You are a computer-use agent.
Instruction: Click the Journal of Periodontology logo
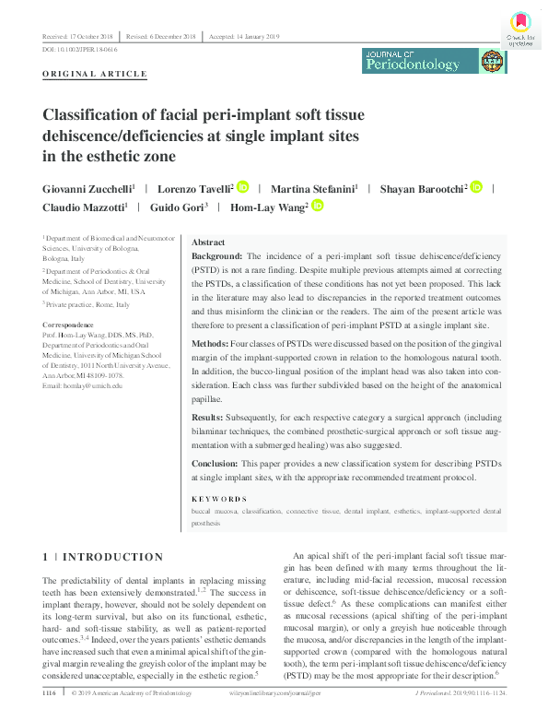point(435,62)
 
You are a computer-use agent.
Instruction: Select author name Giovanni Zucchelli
point(87,188)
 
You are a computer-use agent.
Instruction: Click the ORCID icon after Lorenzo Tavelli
point(242,187)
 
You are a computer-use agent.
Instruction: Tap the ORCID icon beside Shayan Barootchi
point(476,187)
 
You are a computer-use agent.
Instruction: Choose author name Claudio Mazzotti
point(83,208)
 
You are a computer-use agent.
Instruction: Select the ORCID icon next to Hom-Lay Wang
point(316,207)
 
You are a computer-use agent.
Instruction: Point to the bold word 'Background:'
point(216,254)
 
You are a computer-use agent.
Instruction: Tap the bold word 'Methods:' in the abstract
point(210,343)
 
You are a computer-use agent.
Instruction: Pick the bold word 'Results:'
point(209,416)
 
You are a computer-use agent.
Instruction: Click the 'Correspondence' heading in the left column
point(68,325)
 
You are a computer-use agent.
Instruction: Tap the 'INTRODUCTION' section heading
point(113,557)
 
